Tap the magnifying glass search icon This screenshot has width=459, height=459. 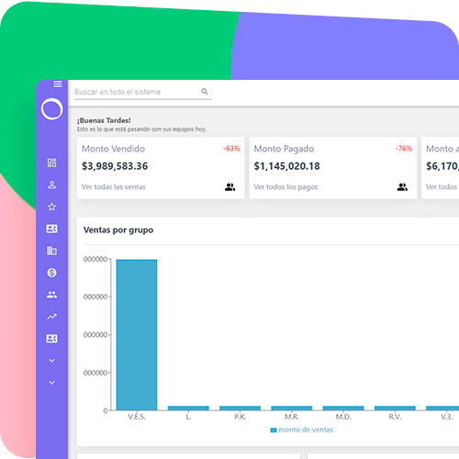coord(205,92)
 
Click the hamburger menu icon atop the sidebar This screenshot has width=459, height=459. coord(58,84)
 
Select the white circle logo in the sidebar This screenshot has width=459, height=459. coord(51,109)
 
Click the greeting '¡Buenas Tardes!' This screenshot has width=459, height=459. coord(104,120)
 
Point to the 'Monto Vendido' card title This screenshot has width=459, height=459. coord(113,149)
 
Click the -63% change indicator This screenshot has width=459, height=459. coord(231,149)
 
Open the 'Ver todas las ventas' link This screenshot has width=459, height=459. coord(113,187)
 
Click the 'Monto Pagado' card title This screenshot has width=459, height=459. coord(284,149)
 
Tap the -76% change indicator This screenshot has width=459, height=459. coord(403,149)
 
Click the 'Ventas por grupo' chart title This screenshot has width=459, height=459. coord(118,229)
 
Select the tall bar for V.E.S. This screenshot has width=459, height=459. coord(136,334)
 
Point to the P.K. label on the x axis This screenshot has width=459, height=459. coord(240,417)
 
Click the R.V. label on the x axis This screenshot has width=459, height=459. coord(395,417)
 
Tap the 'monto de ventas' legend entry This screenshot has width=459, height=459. coord(302,430)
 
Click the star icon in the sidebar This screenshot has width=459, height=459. coord(51,207)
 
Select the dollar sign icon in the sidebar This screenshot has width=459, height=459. coord(51,273)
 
